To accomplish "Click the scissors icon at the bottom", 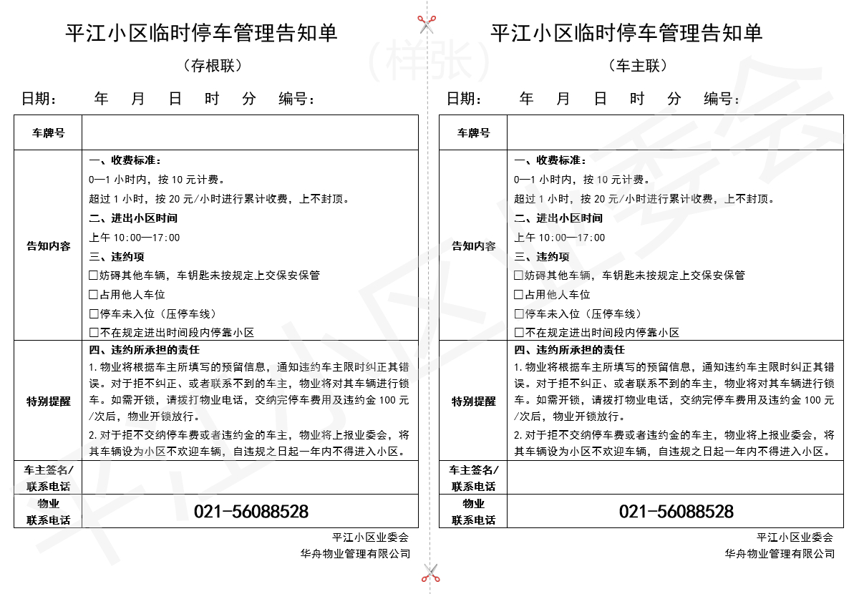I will coord(429,572).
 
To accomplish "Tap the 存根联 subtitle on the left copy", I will coord(213,66).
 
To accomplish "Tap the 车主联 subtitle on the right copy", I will coord(638,66).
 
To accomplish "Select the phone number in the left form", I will coord(251,512).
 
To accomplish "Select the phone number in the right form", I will coord(676,512).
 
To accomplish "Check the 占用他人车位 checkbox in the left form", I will coord(93,295).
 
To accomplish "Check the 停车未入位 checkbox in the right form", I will coord(519,314).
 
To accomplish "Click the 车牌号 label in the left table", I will coord(48,133).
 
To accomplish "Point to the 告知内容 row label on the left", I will coord(48,246).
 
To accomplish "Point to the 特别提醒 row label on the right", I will coord(473,401).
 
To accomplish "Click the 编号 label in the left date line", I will coord(295,99).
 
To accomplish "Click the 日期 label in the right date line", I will coord(463,99).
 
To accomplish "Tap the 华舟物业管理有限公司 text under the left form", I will coord(356,554).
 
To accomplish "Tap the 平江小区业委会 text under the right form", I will coord(795,537).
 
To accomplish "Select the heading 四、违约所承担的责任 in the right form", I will coord(570,350).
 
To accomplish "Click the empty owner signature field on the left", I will coord(250,477).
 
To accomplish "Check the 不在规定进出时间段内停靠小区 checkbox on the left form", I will coord(93,333).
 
